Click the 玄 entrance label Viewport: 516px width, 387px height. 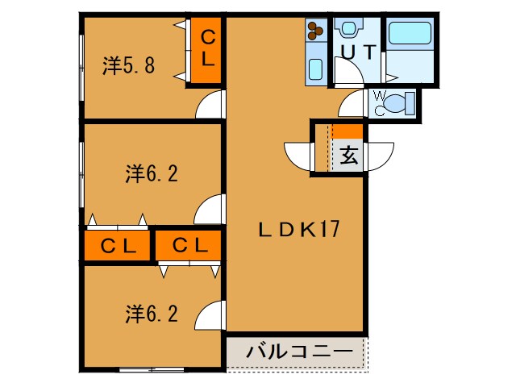348,156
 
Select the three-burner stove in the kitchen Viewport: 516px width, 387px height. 314,32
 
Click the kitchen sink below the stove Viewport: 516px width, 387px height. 315,68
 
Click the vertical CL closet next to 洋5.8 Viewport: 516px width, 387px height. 207,49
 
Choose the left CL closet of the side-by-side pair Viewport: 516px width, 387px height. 117,245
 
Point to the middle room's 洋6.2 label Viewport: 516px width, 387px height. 151,173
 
